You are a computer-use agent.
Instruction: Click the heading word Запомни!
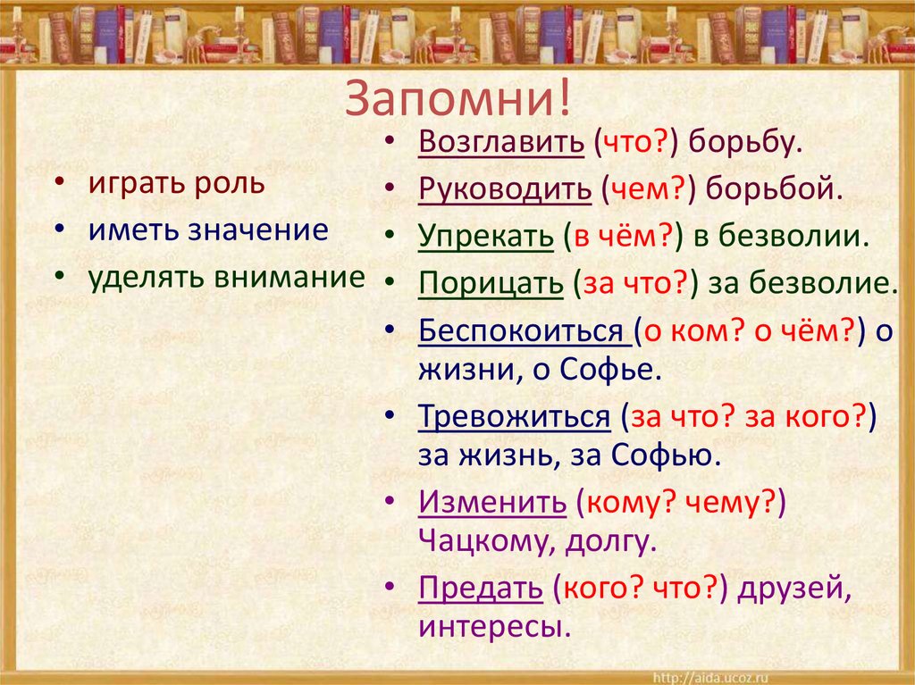[x=457, y=97]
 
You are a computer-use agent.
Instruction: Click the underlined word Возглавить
[x=500, y=142]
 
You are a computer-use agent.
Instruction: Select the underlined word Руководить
[x=504, y=189]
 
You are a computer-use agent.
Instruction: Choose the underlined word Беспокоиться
[x=525, y=331]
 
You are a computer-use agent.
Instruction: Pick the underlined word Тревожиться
[x=514, y=417]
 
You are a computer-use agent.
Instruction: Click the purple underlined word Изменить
[x=491, y=503]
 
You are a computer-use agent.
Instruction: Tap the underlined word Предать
[x=480, y=588]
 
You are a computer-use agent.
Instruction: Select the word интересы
[x=493, y=626]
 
